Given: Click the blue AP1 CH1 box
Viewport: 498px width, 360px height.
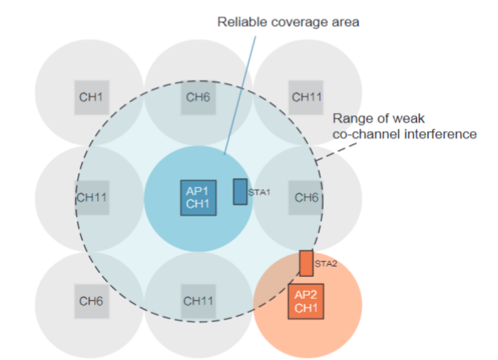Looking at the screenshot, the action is pyautogui.click(x=198, y=197).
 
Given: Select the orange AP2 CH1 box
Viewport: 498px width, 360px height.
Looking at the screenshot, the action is pyautogui.click(x=306, y=301).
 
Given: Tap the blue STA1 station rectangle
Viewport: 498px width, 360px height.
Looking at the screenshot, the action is pyautogui.click(x=240, y=192).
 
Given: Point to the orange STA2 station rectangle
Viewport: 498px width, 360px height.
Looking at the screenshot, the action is pyautogui.click(x=306, y=263).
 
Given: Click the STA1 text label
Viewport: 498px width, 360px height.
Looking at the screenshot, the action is pyautogui.click(x=259, y=192).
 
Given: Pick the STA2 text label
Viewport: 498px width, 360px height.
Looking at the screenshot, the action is pyautogui.click(x=326, y=264).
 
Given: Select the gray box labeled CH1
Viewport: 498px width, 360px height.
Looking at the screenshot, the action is pyautogui.click(x=91, y=97).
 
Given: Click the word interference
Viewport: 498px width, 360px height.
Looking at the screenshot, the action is pyautogui.click(x=441, y=134).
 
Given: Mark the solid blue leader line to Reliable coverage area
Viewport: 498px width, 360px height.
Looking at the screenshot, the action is pyautogui.click(x=240, y=95).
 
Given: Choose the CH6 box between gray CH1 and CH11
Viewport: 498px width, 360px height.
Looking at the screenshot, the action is pyautogui.click(x=198, y=97).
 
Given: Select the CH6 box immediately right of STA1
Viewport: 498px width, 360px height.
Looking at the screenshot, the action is pyautogui.click(x=306, y=197).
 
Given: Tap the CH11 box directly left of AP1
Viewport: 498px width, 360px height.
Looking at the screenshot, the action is pyautogui.click(x=92, y=197).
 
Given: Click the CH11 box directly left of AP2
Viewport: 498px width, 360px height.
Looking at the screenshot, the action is pyautogui.click(x=198, y=301).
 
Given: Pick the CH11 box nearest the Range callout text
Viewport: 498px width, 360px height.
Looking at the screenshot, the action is pyautogui.click(x=306, y=97).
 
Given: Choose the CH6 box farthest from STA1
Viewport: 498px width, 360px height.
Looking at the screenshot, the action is pyautogui.click(x=91, y=301).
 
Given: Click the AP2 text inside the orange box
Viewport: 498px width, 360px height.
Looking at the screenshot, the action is pyautogui.click(x=306, y=295).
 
